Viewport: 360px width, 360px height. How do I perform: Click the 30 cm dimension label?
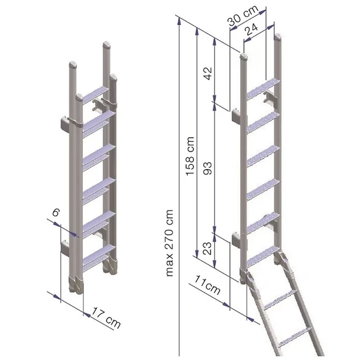[x=243, y=15]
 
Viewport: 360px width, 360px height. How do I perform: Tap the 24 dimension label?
[x=251, y=29]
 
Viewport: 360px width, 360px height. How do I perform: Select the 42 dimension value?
[x=209, y=74]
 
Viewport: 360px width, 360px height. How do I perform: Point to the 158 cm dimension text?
[x=190, y=156]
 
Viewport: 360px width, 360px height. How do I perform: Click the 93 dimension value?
[x=208, y=168]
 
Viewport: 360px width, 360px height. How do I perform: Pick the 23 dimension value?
[x=208, y=248]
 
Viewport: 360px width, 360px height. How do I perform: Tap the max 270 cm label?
[x=169, y=243]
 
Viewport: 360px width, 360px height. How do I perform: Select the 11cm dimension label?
[x=207, y=285]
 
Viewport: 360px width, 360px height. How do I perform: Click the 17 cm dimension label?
[x=106, y=318]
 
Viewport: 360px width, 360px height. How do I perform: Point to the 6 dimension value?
[x=56, y=212]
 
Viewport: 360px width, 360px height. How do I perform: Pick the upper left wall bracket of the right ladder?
[x=236, y=116]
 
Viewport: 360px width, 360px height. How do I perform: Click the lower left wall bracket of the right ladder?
[x=236, y=240]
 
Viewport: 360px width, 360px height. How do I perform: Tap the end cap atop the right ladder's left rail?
[x=244, y=57]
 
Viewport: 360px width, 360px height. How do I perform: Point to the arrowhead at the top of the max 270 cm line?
[x=179, y=21]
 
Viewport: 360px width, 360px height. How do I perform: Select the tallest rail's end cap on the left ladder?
[x=107, y=44]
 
